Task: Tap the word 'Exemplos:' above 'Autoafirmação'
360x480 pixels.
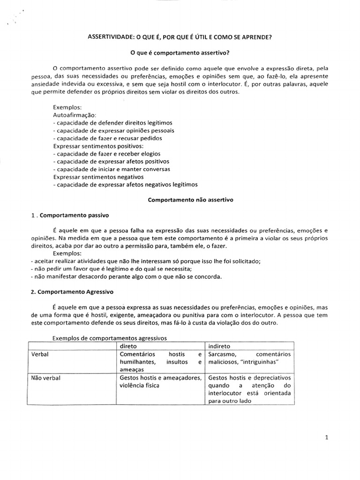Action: tap(68, 107)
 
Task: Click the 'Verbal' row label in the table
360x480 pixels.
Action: tap(40, 354)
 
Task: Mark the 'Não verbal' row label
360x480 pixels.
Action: tap(45, 378)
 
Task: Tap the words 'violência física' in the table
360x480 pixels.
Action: tap(140, 386)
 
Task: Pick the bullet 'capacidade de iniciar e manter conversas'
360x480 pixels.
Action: tap(112, 169)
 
